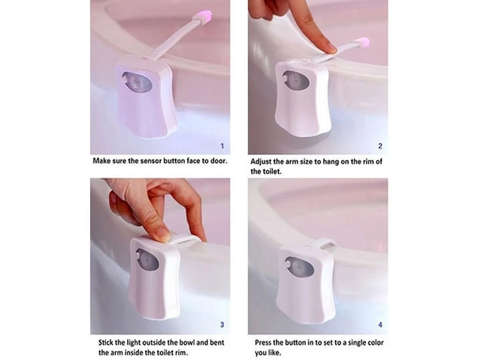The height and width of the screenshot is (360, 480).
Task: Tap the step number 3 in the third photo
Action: [x=222, y=325]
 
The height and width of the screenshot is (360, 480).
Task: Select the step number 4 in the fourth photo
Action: [x=380, y=325]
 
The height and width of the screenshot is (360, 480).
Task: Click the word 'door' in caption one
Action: [x=218, y=161]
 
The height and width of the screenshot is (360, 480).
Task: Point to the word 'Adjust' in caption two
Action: [x=260, y=162]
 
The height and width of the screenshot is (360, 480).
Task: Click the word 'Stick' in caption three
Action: [x=107, y=343]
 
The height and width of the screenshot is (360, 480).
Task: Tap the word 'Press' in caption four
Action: [x=264, y=343]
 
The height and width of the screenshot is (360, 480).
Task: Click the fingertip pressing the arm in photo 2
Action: [x=329, y=49]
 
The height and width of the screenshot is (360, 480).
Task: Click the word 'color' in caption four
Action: [x=374, y=343]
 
